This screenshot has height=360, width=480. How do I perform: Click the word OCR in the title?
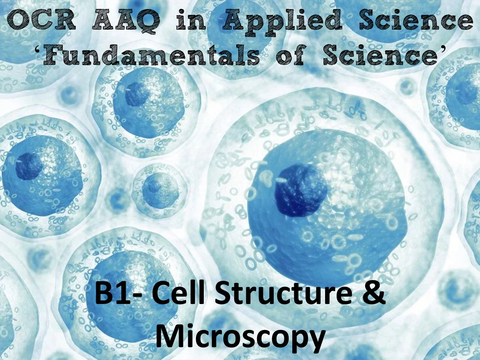coord(41,20)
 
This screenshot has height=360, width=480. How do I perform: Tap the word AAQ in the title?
coord(126,20)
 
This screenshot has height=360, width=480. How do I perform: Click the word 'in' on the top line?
coord(191,20)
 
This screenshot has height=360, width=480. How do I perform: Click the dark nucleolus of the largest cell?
coord(300,190)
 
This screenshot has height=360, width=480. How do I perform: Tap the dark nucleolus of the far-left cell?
coord(29,166)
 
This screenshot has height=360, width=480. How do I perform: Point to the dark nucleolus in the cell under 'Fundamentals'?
coord(137,94)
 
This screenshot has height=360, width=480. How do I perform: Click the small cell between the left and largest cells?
coord(159,190)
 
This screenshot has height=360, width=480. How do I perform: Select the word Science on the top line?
coord(416,20)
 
